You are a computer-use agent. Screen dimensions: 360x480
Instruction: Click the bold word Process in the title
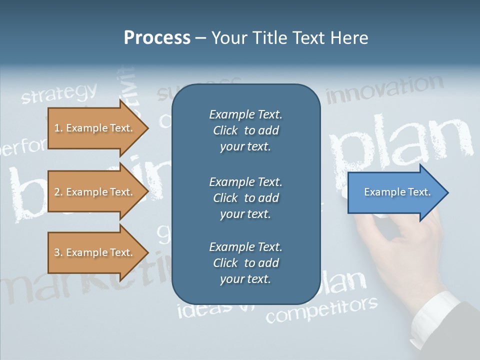[x=157, y=38]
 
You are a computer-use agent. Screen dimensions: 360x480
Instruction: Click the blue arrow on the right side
[x=395, y=192]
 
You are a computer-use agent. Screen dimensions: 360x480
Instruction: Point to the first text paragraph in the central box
[x=245, y=130]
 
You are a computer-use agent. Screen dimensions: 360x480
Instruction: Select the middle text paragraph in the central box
[x=245, y=198]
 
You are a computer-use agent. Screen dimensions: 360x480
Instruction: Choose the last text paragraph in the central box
[x=245, y=263]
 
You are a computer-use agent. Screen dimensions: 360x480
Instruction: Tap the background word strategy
[x=59, y=93]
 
